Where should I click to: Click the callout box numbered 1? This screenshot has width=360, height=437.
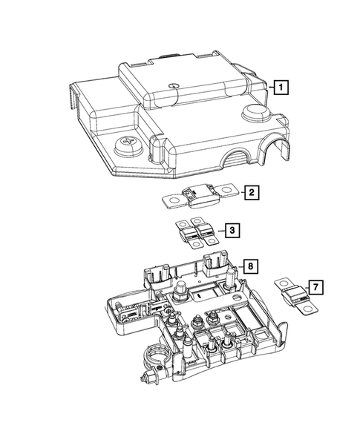coord(281,88)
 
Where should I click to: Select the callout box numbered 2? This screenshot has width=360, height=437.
coord(252,192)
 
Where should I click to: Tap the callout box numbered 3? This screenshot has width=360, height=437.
coord(232,230)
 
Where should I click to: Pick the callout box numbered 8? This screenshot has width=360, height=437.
coord(250,266)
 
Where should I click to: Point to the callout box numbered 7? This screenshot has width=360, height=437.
coord(315,287)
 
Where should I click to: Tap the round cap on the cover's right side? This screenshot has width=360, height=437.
coord(255,111)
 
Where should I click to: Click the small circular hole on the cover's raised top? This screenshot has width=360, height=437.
coord(174,85)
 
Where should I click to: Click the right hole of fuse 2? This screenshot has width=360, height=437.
coord(225,189)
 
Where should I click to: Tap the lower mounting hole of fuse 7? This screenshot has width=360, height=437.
coord(307,308)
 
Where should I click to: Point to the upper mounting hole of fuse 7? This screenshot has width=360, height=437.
coord(284,283)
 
